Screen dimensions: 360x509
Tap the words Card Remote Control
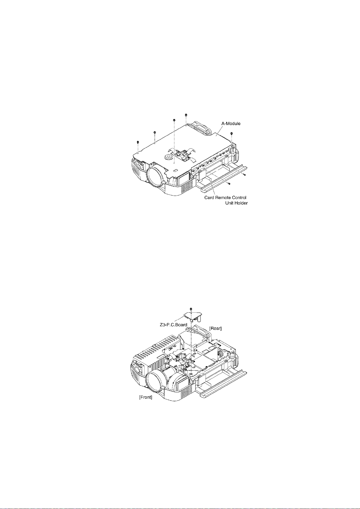pos(225,198)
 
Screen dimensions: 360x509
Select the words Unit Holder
pos(236,203)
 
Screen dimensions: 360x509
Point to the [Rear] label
pos(216,328)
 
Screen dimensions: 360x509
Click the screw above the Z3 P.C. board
pos(191,309)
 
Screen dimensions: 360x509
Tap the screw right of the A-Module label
pos(232,134)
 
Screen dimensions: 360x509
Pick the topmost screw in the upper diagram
pos(186,115)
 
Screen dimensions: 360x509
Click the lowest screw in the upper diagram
pos(229,183)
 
